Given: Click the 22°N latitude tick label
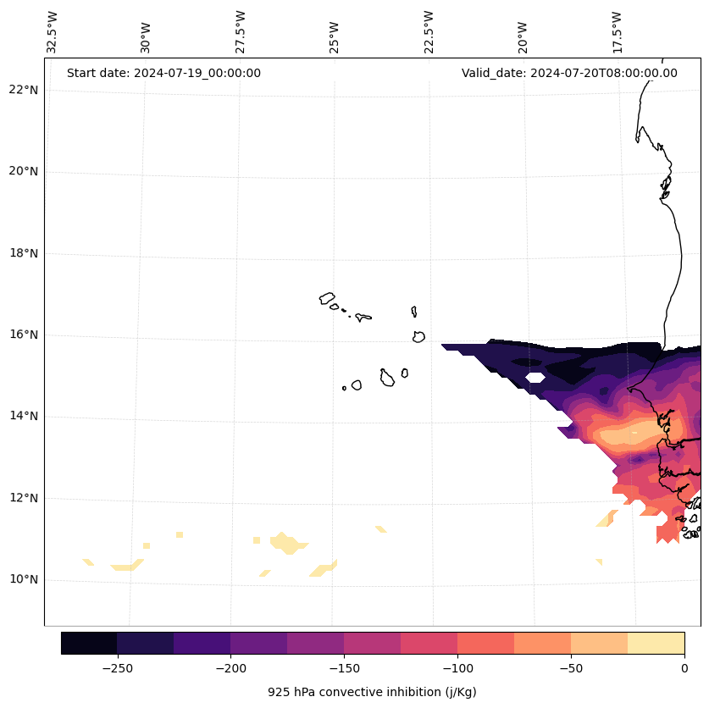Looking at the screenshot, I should tap(24, 90).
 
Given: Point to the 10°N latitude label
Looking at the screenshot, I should tap(24, 580).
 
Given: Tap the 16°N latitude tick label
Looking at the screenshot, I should tap(24, 335).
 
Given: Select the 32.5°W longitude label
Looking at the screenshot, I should tap(53, 32).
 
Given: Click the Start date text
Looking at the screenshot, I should tap(163, 73).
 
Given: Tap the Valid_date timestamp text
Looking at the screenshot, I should tap(569, 73).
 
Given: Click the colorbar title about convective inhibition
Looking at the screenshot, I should tap(372, 692).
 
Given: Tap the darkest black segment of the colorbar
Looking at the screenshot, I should tap(89, 643).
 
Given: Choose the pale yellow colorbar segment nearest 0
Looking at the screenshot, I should tap(656, 643).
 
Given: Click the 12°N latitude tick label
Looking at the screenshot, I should tap(24, 498).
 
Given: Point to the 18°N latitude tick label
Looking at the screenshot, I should tap(24, 253).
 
